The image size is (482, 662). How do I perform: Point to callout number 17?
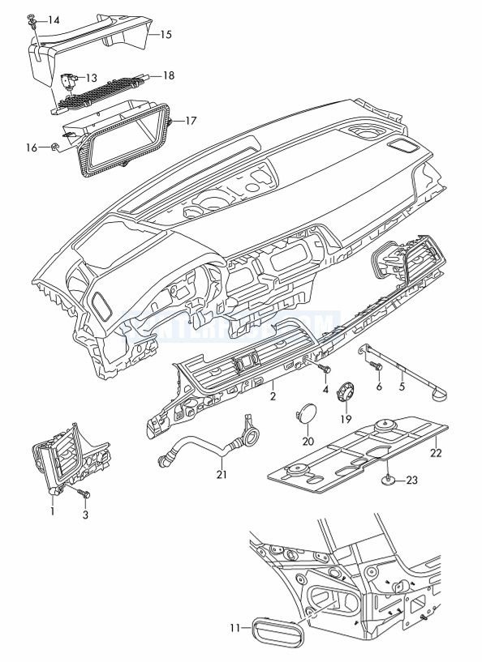point(192,121)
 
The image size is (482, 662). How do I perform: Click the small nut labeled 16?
point(54,147)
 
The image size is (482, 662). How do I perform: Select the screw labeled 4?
point(326,370)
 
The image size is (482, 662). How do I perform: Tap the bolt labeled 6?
point(376,369)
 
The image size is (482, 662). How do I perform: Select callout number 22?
point(436,452)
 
